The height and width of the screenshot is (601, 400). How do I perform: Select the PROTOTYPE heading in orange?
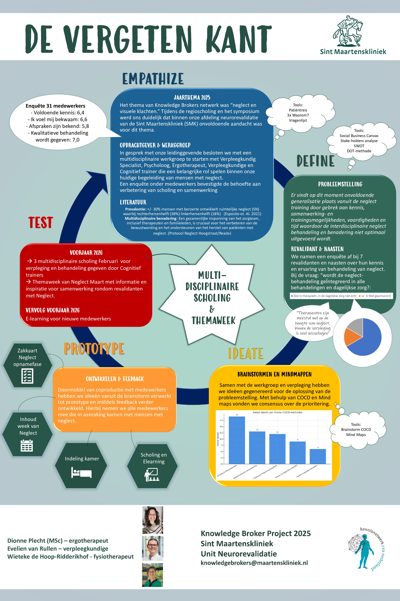94,349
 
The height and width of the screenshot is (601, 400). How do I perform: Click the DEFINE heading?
316,161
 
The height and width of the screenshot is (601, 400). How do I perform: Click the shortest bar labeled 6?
318,456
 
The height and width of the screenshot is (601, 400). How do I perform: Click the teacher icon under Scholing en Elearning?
152,475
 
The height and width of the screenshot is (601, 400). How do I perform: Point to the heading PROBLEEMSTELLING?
340,184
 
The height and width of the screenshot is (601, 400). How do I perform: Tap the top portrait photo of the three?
153,520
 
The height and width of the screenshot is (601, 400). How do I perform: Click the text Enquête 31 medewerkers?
55,106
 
